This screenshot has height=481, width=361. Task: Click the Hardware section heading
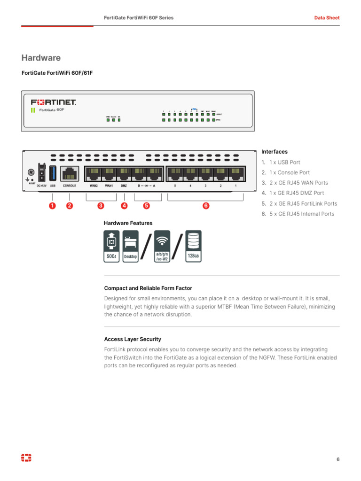41,58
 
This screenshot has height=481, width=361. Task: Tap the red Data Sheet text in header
327,18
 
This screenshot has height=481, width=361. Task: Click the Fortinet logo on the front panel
53,102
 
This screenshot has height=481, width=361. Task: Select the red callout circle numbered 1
52,206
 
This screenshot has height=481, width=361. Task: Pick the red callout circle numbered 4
124,206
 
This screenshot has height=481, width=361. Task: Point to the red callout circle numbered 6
205,206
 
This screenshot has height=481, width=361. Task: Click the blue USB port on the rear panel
53,173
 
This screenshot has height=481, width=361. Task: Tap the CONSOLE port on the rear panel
70,173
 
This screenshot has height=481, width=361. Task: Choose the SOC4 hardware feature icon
112,247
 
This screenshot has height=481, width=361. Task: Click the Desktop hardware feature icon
130,247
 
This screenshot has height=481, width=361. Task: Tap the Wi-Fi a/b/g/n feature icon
162,247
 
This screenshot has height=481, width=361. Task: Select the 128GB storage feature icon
193,247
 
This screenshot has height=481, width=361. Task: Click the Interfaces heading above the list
275,152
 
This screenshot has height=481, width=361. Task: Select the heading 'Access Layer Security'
133,339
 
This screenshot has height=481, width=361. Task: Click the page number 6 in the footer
337,459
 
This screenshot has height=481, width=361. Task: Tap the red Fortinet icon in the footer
26,458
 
